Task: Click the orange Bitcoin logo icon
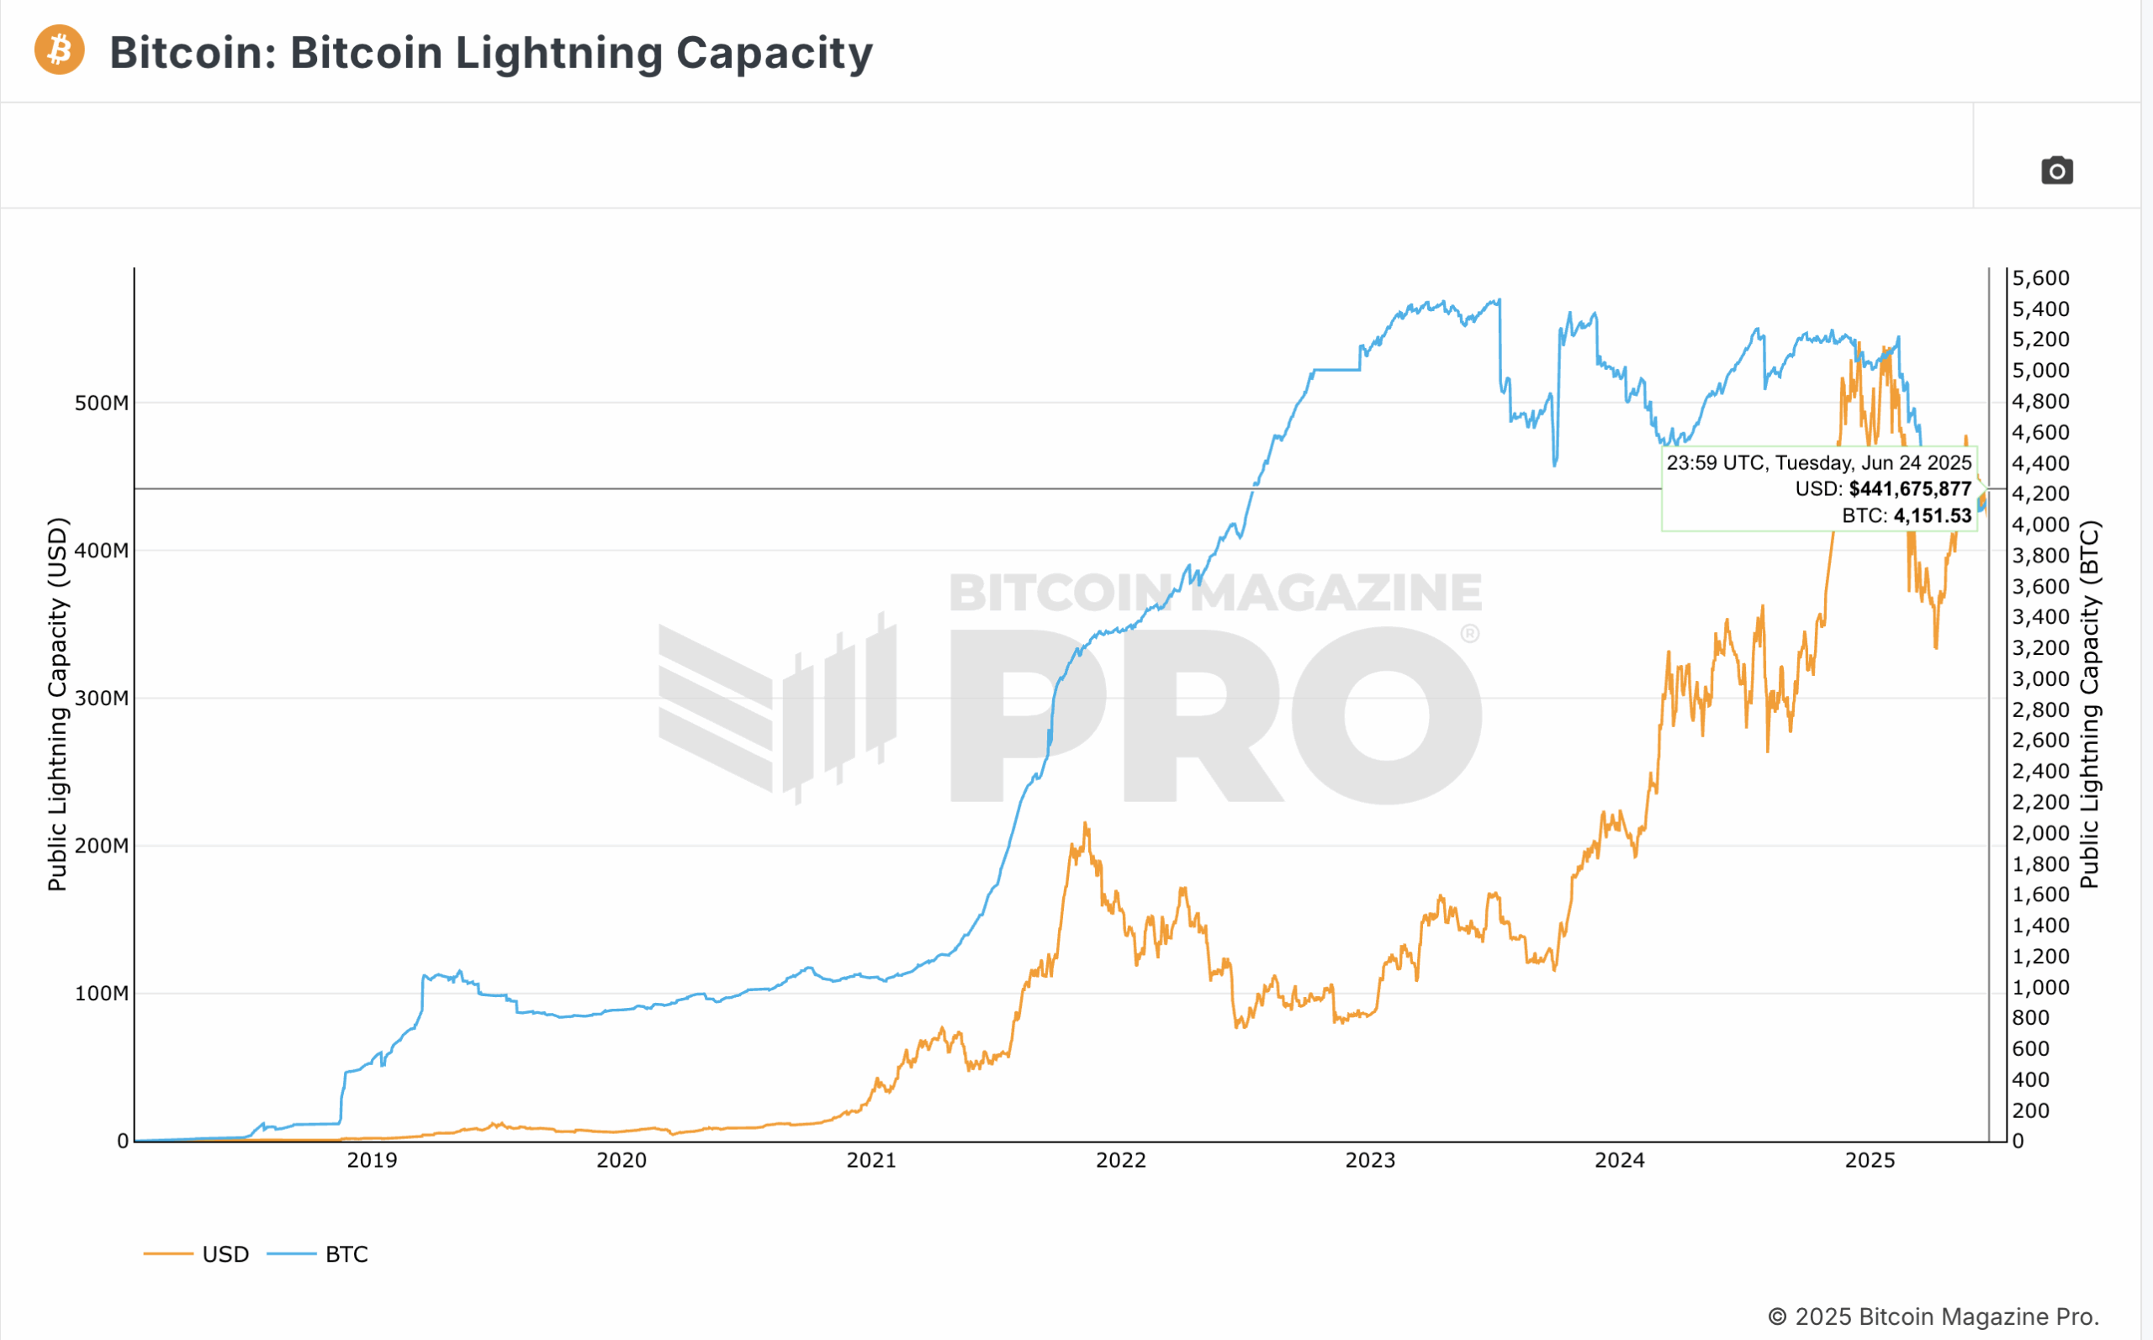tap(60, 50)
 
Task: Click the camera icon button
tap(2056, 170)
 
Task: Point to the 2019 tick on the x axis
tap(373, 1160)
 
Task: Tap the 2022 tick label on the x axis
tap(1120, 1160)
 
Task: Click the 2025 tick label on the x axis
tap(1870, 1160)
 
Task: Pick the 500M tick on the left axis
tap(101, 404)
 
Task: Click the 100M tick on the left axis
tap(101, 994)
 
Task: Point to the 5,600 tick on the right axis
tap(2040, 278)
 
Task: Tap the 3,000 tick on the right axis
tap(2040, 679)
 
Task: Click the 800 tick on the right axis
tap(2031, 1017)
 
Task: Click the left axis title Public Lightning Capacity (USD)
tap(58, 704)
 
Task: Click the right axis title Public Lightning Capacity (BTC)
tap(2089, 704)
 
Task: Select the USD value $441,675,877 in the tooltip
tap(1909, 489)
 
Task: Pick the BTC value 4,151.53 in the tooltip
tap(1933, 516)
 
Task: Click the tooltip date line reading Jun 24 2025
tap(1818, 462)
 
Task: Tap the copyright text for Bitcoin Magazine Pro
tap(1933, 1316)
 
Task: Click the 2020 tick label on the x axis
tap(622, 1160)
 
